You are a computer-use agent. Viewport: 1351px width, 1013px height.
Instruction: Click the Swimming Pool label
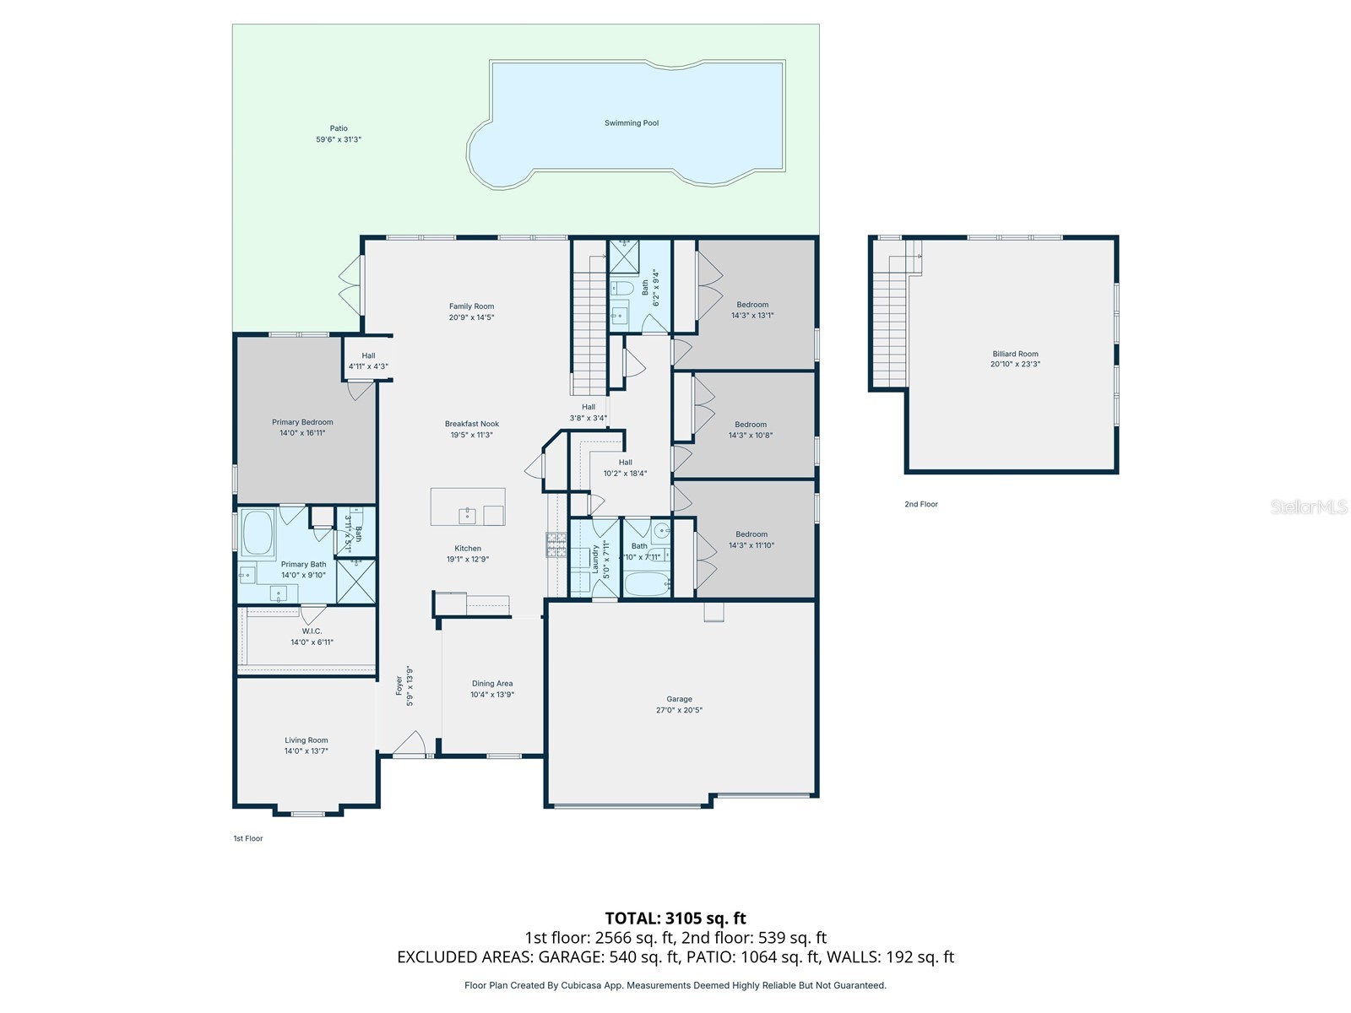click(x=631, y=123)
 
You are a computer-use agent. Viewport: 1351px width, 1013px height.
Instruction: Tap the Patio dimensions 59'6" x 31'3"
click(x=339, y=139)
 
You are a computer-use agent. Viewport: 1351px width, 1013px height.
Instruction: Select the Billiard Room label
click(x=1015, y=355)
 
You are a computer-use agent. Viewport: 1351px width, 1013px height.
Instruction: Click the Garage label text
click(x=679, y=699)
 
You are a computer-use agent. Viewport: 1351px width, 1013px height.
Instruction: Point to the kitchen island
click(x=468, y=506)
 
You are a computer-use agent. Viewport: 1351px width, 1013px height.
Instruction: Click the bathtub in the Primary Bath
click(x=258, y=531)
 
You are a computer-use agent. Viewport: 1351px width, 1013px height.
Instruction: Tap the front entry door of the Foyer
click(x=410, y=747)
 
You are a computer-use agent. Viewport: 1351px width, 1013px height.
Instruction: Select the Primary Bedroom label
click(x=302, y=422)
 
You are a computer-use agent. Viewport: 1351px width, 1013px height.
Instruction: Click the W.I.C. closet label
click(x=312, y=631)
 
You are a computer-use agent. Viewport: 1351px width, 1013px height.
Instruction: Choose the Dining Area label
click(x=492, y=684)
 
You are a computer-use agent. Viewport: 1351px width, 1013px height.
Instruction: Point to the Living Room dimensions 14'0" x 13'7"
click(x=306, y=750)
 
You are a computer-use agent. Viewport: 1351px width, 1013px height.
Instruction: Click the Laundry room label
click(x=595, y=558)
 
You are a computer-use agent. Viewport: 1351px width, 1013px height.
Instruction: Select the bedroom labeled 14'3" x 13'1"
click(x=752, y=310)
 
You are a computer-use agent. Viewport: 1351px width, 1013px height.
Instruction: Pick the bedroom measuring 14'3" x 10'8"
click(x=751, y=430)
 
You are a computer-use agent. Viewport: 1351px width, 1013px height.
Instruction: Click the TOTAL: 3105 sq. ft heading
click(x=675, y=918)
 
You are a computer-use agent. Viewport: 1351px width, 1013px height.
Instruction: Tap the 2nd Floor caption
click(x=921, y=504)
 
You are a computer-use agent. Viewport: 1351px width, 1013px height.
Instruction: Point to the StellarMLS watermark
click(x=1308, y=506)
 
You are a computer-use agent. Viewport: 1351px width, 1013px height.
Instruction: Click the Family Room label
click(x=471, y=306)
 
